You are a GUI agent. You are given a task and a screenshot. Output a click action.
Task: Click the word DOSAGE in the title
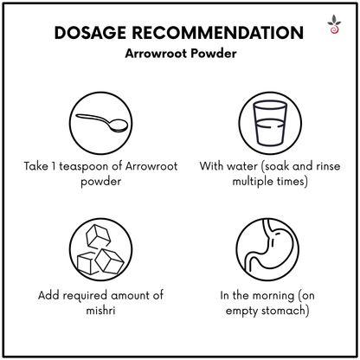[90, 32]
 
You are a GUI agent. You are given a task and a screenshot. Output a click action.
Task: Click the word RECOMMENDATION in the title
[218, 32]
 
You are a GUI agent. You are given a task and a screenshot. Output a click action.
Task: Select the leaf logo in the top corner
[334, 24]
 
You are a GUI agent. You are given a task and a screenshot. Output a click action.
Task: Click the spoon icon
[101, 123]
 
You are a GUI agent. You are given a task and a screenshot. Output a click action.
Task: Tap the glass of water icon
[270, 123]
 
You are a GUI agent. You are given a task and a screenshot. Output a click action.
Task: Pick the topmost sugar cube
[99, 235]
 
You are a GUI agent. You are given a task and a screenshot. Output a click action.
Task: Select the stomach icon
[267, 249]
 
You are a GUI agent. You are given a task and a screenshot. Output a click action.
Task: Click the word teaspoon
[84, 167]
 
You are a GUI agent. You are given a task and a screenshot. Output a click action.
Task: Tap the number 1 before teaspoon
[54, 166]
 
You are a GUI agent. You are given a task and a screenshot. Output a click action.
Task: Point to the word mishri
[100, 311]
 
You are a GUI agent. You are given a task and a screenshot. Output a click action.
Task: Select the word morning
[274, 296]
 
